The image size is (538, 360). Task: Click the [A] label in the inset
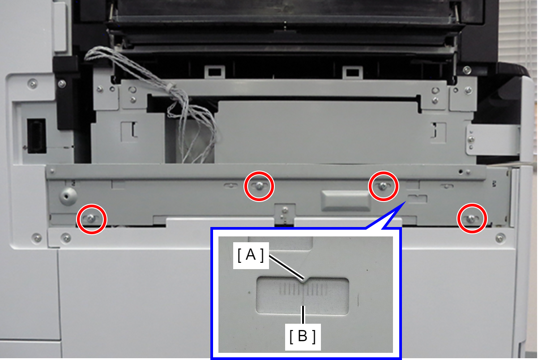click(x=251, y=255)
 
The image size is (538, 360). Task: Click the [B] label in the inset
click(x=303, y=336)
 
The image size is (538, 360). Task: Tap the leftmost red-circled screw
click(x=91, y=219)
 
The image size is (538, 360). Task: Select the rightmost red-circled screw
click(x=472, y=219)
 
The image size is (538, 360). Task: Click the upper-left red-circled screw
click(x=259, y=186)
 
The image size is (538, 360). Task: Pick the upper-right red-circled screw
click(x=383, y=186)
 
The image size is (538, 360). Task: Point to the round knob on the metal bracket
click(x=68, y=196)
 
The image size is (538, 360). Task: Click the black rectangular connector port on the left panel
click(x=37, y=136)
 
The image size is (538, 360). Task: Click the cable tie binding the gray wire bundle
click(x=171, y=86)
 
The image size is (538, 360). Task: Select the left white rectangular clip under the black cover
click(x=215, y=72)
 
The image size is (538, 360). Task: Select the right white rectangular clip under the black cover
click(x=352, y=72)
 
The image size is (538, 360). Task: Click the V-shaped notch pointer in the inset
click(x=304, y=280)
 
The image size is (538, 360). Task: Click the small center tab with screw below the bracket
click(x=285, y=214)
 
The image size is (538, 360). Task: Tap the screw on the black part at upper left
click(x=62, y=84)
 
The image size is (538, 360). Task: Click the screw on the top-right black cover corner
click(x=467, y=70)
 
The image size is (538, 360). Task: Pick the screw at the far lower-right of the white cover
click(x=500, y=238)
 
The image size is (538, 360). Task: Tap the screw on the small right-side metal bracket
click(x=471, y=139)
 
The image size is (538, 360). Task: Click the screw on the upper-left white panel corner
click(x=33, y=84)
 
